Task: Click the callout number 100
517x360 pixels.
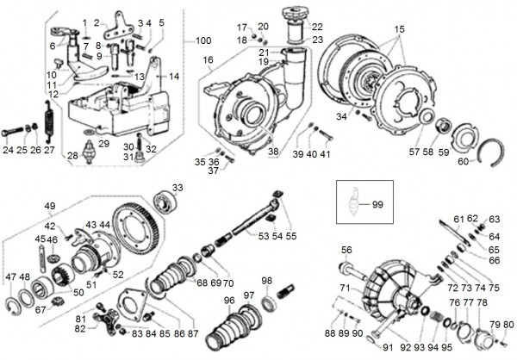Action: (202, 41)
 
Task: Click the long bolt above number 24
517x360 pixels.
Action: (18, 133)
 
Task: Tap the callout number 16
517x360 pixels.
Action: (208, 60)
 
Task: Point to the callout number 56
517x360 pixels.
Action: (346, 251)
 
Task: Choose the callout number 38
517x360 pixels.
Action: (273, 152)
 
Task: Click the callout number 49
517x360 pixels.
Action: (51, 205)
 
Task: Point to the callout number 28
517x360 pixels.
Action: (72, 155)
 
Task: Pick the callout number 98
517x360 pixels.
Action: (267, 281)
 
